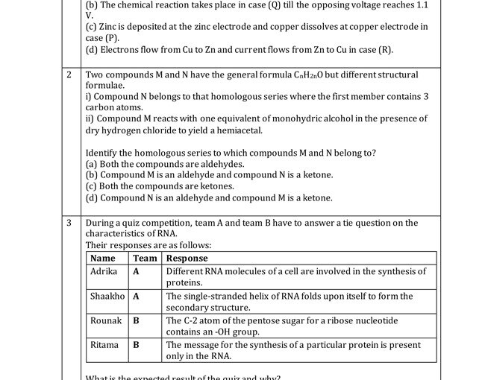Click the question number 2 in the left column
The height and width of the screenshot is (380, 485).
pyautogui.click(x=69, y=75)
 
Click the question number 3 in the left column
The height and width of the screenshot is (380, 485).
pyautogui.click(x=69, y=223)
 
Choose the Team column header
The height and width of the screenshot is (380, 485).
pyautogui.click(x=145, y=259)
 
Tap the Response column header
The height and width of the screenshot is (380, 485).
pyautogui.click(x=187, y=259)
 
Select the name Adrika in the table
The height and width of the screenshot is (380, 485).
pyautogui.click(x=104, y=271)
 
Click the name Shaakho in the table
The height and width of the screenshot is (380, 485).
pyautogui.click(x=107, y=296)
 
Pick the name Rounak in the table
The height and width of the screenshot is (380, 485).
pyautogui.click(x=106, y=320)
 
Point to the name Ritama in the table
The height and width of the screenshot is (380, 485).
pyautogui.click(x=104, y=345)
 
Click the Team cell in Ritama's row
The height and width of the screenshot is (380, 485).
pyautogui.click(x=137, y=345)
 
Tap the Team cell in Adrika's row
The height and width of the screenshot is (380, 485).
pyautogui.click(x=137, y=271)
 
